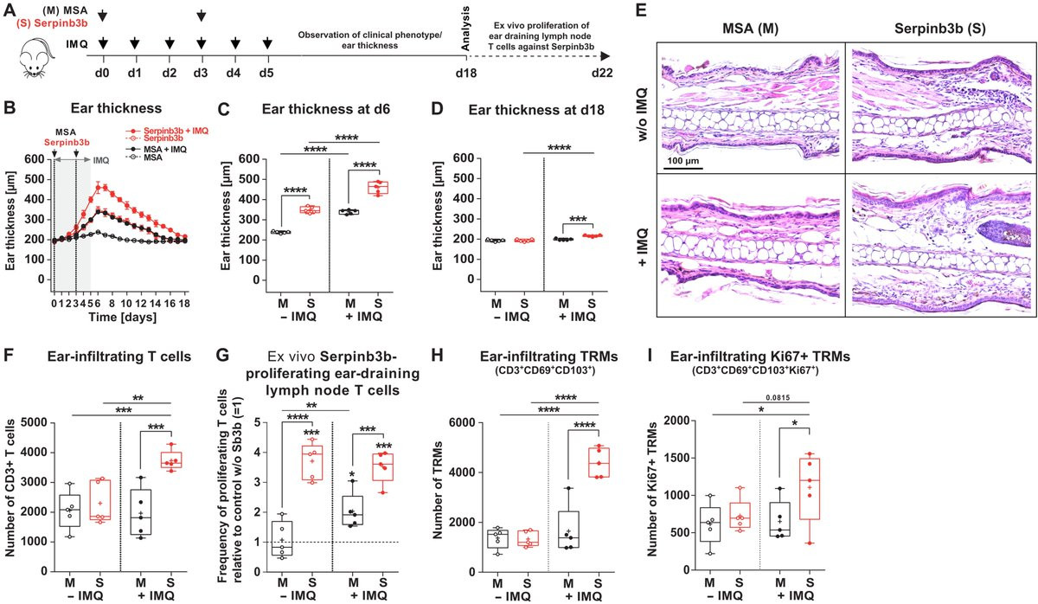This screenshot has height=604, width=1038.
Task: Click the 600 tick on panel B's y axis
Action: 34,158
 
